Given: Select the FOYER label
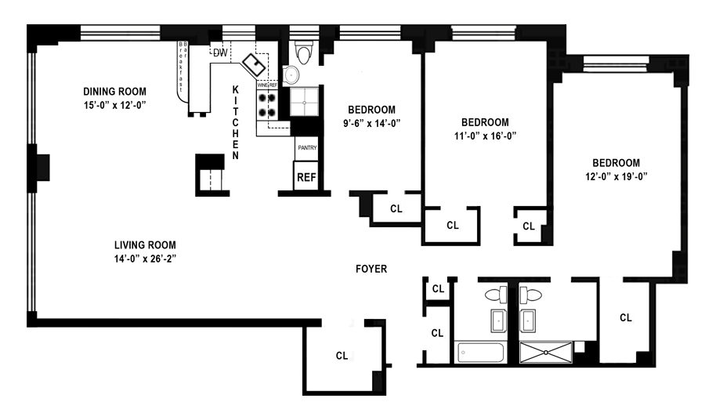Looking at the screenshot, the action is (370, 269).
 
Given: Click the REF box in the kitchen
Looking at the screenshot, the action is (305, 176).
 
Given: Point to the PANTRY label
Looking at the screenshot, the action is (306, 147).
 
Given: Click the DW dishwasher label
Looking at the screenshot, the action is (220, 52).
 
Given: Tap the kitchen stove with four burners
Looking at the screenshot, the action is (267, 106).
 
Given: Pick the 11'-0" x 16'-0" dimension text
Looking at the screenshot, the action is (485, 136).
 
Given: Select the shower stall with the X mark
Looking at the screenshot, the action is (546, 353).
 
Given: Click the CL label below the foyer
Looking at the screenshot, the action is (342, 355).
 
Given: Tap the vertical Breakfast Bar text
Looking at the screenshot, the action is (183, 67).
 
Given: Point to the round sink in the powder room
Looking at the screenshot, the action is (291, 74).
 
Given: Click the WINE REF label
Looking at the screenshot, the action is (268, 85).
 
